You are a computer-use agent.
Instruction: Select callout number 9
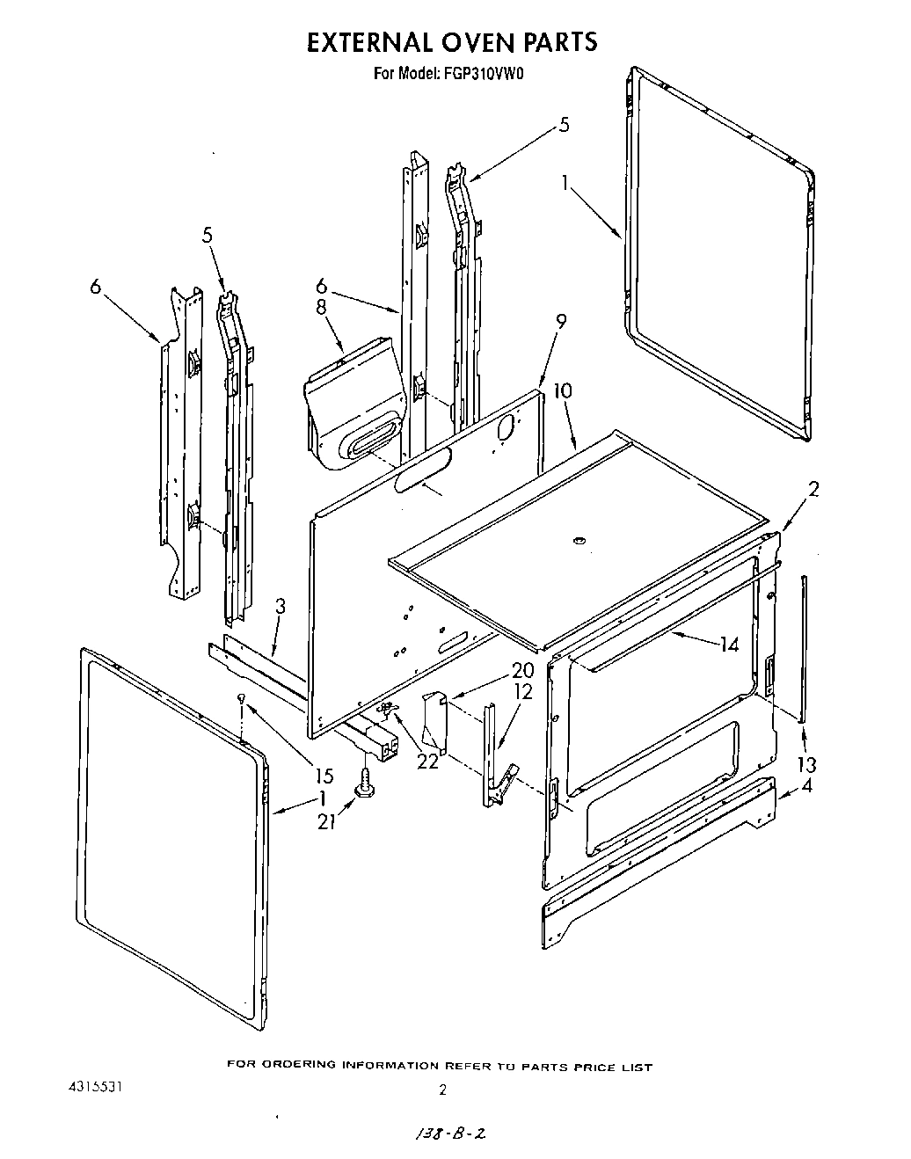click(x=561, y=323)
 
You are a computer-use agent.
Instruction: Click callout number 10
click(x=562, y=390)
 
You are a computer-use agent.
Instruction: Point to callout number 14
click(x=729, y=644)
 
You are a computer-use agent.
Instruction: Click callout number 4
click(x=806, y=785)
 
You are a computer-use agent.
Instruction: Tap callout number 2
click(x=813, y=490)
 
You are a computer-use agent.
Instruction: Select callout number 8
click(x=321, y=307)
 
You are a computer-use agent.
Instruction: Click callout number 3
click(x=280, y=605)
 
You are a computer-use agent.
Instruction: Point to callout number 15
click(x=324, y=776)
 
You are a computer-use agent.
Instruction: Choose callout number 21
click(x=326, y=822)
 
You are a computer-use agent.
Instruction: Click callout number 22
click(x=427, y=762)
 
